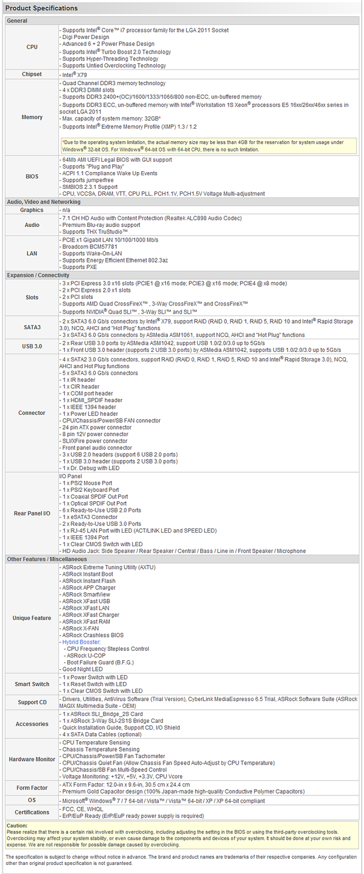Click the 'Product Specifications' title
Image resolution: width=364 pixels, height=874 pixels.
(41, 8)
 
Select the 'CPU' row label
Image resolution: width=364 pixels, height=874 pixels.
(32, 47)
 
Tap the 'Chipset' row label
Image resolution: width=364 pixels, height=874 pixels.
(32, 75)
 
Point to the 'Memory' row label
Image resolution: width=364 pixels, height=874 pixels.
(32, 117)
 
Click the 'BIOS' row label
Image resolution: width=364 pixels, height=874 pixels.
(32, 177)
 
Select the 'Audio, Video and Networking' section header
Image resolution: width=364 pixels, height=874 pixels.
(43, 202)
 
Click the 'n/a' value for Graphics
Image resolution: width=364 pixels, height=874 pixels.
(66, 210)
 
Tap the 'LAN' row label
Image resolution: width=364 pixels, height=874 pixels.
(32, 253)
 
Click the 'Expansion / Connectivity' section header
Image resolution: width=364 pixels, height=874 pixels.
(38, 275)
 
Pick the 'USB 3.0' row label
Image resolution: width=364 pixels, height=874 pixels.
(32, 346)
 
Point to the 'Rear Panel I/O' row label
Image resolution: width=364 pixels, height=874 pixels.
(32, 513)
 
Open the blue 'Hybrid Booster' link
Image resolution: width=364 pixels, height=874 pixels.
(81, 642)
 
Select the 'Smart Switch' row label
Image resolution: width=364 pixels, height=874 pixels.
(32, 684)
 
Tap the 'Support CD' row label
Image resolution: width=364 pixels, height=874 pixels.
(32, 702)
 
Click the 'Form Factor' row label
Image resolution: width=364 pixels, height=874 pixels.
(32, 788)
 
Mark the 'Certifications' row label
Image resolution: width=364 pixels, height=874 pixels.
(32, 812)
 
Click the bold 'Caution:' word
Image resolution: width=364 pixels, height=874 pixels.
(17, 825)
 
